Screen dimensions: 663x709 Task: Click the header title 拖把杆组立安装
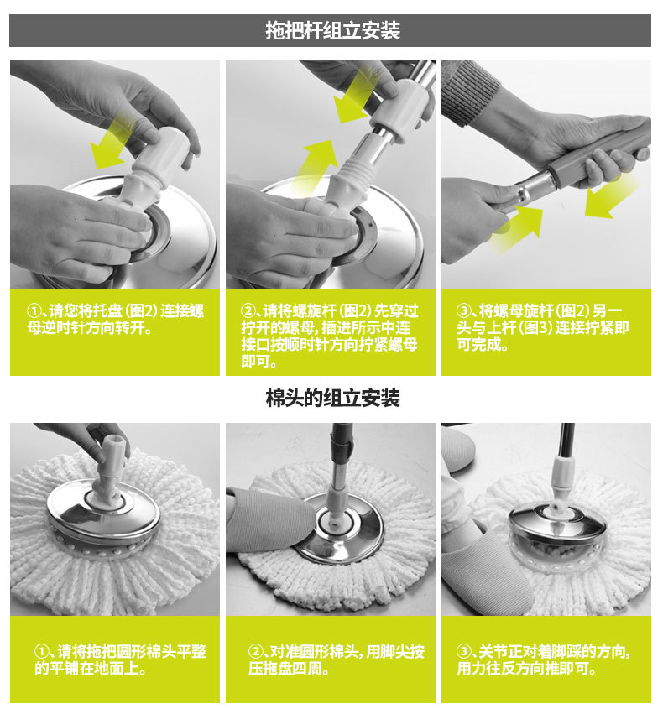click(x=332, y=31)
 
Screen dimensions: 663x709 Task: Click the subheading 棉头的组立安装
click(x=332, y=399)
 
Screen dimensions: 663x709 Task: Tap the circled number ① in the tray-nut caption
click(x=33, y=311)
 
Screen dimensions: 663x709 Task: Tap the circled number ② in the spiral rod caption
click(x=248, y=311)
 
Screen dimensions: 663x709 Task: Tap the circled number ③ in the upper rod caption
click(x=463, y=311)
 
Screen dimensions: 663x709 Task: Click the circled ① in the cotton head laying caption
click(x=41, y=652)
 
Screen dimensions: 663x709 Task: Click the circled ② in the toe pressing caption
click(x=255, y=652)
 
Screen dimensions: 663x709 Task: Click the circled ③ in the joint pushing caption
click(x=463, y=652)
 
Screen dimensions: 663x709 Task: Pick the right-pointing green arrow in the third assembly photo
click(x=519, y=228)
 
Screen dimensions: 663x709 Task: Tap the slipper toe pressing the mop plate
click(x=270, y=520)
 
